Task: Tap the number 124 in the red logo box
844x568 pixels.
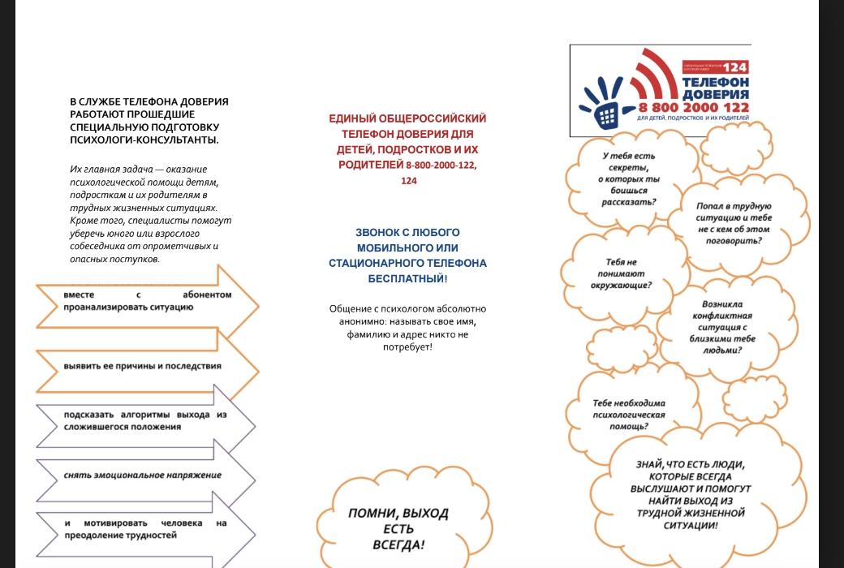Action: pos(734,67)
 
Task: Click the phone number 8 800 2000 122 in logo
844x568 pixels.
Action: pos(693,107)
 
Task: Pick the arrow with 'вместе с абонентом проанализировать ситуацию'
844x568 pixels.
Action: pos(146,301)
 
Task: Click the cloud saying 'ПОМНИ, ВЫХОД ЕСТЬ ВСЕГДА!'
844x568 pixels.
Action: pos(398,528)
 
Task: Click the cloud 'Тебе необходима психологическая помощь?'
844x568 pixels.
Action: pos(628,414)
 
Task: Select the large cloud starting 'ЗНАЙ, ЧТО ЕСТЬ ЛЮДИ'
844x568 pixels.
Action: pos(689,495)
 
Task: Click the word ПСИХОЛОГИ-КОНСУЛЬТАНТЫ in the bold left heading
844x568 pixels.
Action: pos(144,140)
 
